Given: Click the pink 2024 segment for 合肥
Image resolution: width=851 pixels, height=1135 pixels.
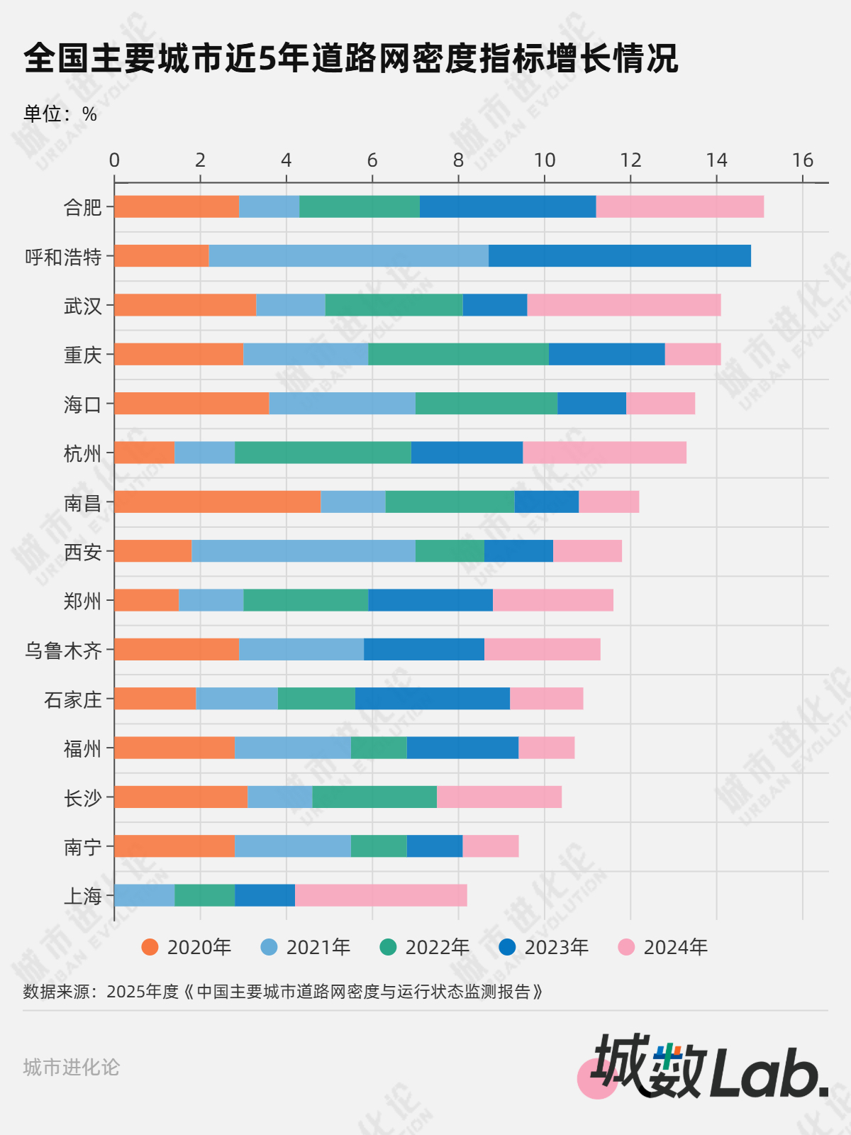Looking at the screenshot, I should [679, 206].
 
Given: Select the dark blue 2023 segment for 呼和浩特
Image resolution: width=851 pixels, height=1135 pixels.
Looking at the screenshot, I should [619, 255].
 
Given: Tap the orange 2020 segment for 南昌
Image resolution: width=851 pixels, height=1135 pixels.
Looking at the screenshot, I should [217, 502].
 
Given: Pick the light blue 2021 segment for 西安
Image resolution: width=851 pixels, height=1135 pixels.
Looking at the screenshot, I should [303, 551].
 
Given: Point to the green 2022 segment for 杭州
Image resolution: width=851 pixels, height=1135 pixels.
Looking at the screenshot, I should [323, 453].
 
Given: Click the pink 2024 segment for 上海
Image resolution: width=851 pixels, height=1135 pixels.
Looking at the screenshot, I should [381, 895].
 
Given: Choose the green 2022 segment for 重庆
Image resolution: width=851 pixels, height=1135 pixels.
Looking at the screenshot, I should [458, 354].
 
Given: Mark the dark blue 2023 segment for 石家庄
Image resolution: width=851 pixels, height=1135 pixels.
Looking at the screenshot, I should [432, 699].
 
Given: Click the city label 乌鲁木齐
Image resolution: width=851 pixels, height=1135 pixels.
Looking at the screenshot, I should [63, 650].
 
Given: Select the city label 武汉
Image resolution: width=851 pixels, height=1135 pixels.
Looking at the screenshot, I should [83, 306].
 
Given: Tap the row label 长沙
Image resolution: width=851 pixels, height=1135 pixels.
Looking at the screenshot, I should [83, 798].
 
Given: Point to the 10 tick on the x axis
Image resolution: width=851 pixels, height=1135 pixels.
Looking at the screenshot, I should [545, 160].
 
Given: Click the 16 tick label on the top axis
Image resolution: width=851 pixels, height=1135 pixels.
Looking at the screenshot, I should [802, 160].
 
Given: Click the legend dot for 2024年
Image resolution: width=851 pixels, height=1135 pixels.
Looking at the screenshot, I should [626, 947].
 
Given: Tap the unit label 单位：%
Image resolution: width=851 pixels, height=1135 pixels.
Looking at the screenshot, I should [60, 114].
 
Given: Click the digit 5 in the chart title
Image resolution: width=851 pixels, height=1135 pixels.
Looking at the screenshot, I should [266, 59].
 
